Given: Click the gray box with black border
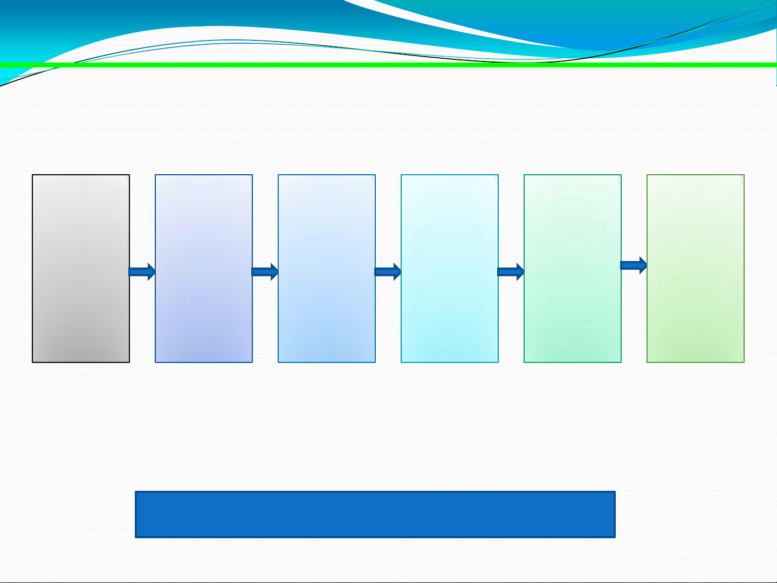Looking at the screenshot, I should (81, 268).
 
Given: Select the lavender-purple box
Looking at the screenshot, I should (204, 268).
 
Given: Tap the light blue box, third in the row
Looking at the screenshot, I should (327, 268).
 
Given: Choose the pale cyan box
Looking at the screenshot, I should (450, 268).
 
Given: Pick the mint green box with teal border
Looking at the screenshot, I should (573, 268).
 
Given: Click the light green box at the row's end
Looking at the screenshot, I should (696, 268).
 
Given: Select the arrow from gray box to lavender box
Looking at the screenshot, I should (142, 272).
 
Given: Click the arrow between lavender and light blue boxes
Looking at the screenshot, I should (265, 272).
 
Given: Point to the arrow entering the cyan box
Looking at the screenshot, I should (388, 272).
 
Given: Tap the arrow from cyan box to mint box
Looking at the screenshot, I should (511, 272).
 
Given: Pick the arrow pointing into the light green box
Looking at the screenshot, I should (634, 265).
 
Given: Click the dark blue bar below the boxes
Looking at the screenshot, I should (375, 514).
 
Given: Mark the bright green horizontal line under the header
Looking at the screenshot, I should (388, 65).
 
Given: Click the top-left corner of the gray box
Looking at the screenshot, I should (33, 175).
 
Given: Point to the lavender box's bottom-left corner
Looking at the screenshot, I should (156, 362).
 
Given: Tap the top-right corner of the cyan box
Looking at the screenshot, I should (498, 175).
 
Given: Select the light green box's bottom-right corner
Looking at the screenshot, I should (744, 362).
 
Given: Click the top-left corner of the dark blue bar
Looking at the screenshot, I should (136, 492).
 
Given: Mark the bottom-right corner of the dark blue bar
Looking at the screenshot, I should (615, 537).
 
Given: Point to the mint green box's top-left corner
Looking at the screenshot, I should (525, 175).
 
